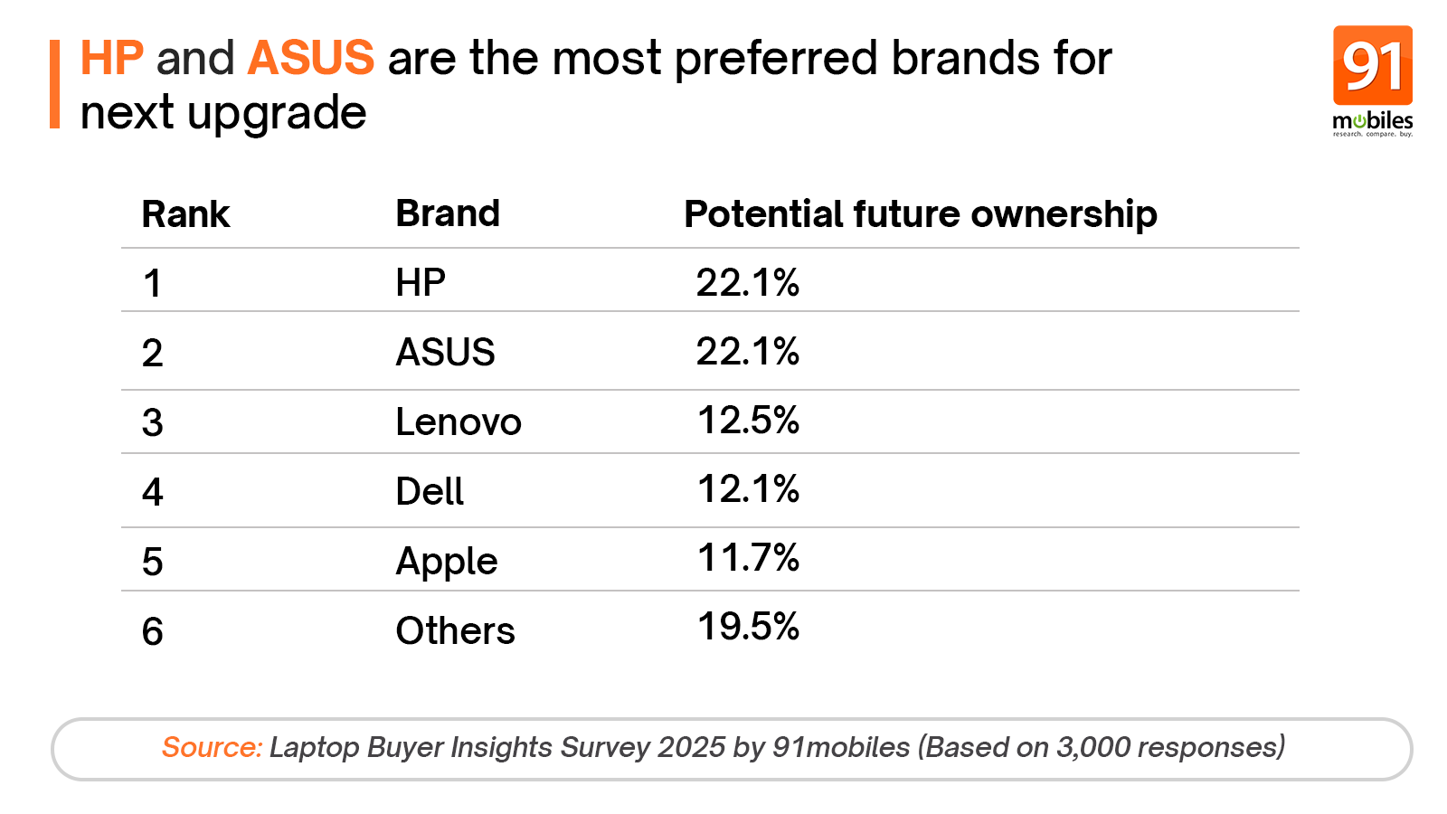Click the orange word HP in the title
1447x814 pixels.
click(111, 59)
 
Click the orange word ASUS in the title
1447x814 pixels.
click(310, 59)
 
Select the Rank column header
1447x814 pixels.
click(185, 215)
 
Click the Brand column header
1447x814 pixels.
click(448, 214)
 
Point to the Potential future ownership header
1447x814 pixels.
click(920, 215)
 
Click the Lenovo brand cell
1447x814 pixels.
click(459, 422)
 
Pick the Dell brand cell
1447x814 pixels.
click(430, 492)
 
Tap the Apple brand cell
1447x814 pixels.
click(447, 562)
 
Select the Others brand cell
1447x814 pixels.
click(455, 631)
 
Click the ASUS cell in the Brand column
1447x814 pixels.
click(445, 353)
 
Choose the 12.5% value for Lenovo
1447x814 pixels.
click(748, 421)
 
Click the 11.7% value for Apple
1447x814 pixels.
click(748, 558)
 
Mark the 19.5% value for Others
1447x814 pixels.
click(748, 627)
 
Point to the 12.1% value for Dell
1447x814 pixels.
click(748, 489)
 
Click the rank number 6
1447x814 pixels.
click(152, 631)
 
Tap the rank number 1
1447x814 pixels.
click(152, 284)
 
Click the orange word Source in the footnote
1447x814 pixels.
click(212, 748)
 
